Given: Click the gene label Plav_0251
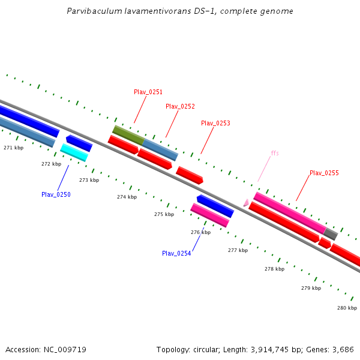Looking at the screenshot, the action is click(x=148, y=92).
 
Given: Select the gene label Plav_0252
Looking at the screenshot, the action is click(x=180, y=106).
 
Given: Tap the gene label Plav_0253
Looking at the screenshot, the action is click(x=215, y=123).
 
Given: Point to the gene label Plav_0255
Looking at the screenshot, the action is click(x=324, y=173).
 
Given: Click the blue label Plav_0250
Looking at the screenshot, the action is click(x=56, y=194).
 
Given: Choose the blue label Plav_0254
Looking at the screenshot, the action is click(x=176, y=253).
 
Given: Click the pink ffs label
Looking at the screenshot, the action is click(x=275, y=153).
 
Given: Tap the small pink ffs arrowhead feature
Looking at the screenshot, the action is click(x=246, y=203).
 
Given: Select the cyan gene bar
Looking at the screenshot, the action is click(x=74, y=152).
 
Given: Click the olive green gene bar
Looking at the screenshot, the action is click(x=128, y=134).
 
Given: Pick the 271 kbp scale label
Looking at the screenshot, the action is click(x=13, y=147).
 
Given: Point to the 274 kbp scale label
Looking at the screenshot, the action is click(x=127, y=197).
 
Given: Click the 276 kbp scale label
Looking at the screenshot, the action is click(x=200, y=232).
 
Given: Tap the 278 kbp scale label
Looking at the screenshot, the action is click(x=274, y=269).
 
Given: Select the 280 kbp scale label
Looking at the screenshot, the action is click(x=347, y=308).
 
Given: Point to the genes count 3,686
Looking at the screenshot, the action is click(x=343, y=349).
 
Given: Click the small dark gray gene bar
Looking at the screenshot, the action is click(x=331, y=234).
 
